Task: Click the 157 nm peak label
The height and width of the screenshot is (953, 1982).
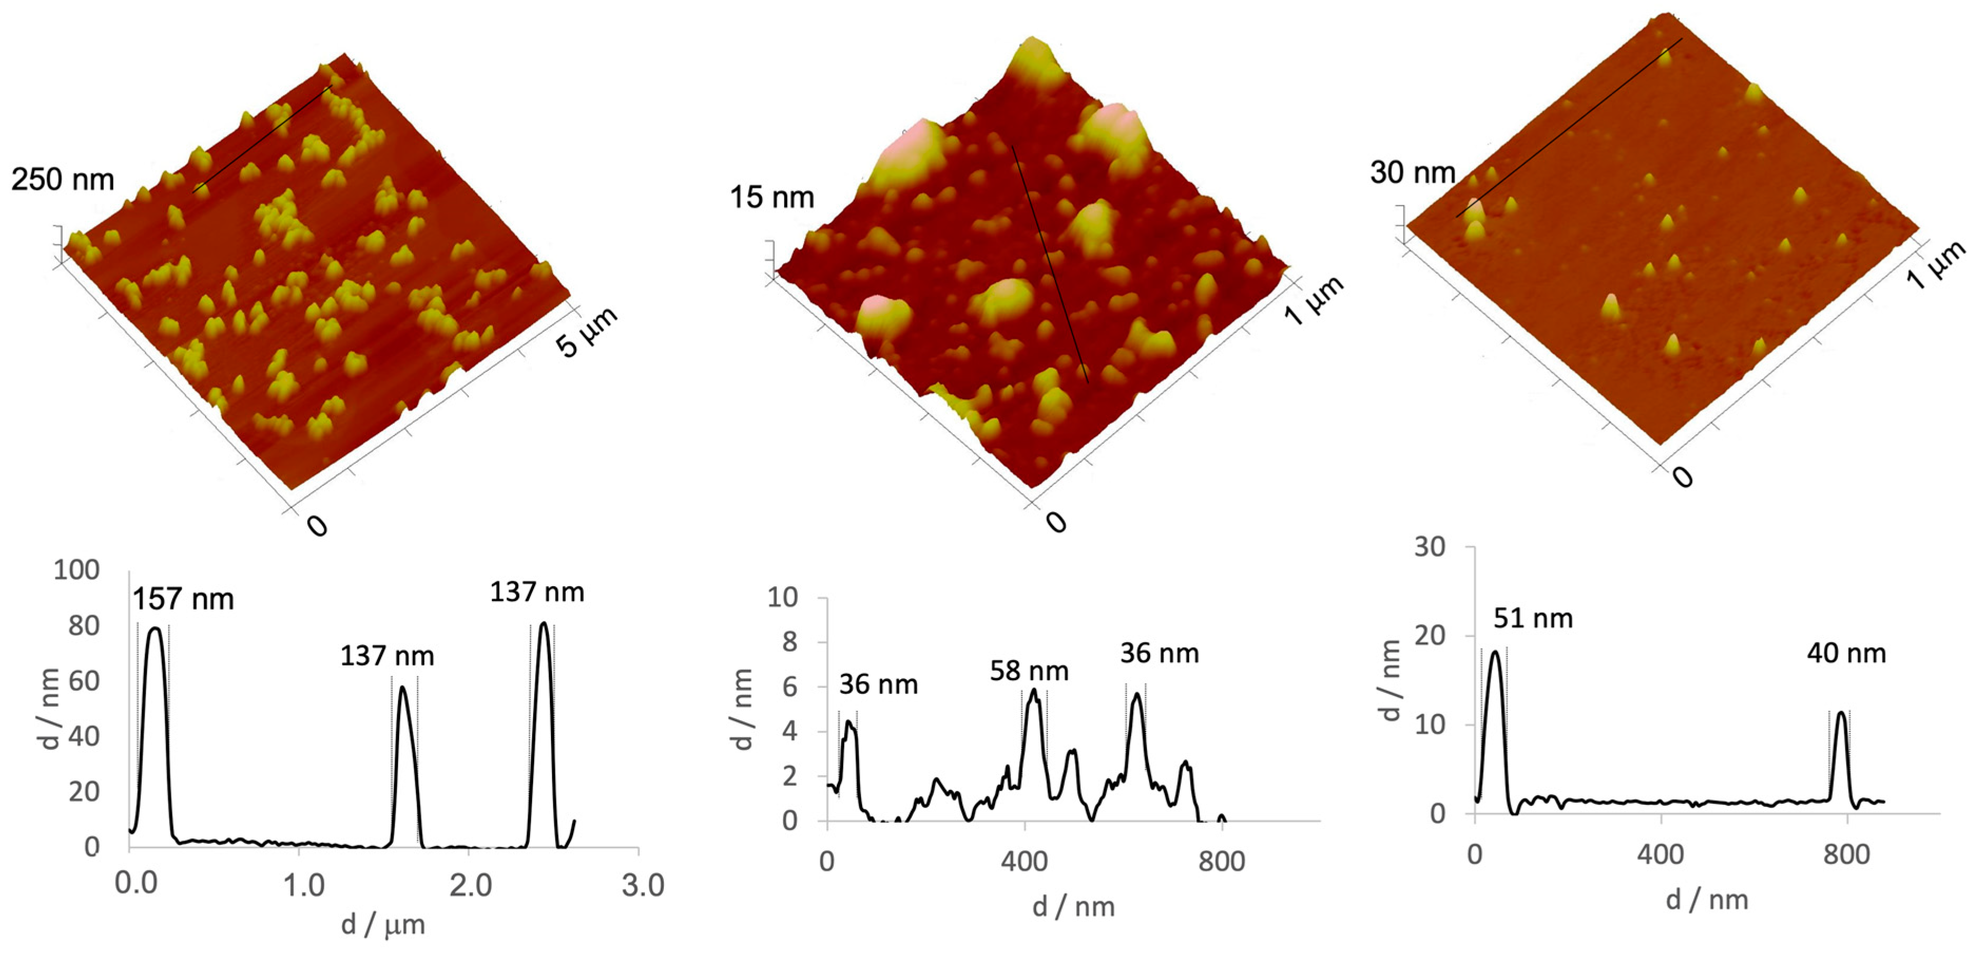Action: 183,599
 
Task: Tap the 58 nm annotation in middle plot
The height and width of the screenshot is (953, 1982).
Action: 1029,671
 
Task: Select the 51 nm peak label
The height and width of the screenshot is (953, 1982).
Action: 1533,618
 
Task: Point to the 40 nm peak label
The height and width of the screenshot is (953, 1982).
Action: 1846,654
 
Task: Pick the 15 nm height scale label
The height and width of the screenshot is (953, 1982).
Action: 772,197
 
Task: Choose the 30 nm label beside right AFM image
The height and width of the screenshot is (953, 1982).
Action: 1413,173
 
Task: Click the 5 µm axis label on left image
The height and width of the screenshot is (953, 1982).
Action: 586,332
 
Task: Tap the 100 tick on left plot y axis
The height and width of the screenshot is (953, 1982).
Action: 76,570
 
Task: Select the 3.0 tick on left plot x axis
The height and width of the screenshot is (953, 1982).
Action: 642,885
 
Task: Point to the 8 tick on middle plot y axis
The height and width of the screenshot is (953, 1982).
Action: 789,642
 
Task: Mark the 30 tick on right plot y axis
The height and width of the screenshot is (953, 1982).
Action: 1429,547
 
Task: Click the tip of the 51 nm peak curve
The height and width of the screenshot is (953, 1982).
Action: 1495,652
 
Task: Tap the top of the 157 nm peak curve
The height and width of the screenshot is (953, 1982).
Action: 154,628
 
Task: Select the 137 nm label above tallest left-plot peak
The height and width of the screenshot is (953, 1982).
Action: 537,592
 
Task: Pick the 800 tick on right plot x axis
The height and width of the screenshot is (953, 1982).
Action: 1846,854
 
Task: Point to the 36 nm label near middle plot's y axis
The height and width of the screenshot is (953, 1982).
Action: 878,684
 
